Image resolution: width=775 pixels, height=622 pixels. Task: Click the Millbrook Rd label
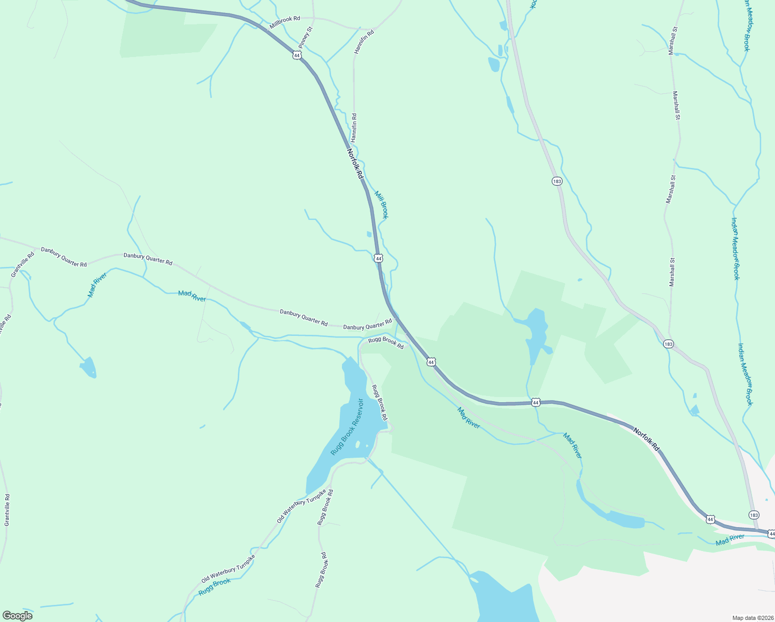point(284,21)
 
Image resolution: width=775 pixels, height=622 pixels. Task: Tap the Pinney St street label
point(306,37)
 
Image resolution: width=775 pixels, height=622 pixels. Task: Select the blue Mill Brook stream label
point(381,204)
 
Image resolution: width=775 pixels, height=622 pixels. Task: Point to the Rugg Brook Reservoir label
point(347,427)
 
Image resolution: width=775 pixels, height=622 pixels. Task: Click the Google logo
point(17,615)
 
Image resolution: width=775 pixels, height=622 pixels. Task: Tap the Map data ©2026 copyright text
point(752,618)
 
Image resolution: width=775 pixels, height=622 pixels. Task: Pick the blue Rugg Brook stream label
point(214,587)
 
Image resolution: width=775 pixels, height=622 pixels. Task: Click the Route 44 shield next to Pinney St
point(296,55)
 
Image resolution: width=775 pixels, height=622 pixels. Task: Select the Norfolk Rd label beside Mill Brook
point(355,164)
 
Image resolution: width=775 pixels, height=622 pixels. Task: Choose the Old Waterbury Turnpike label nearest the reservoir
point(302,506)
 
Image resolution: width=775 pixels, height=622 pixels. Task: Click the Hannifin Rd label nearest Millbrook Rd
point(364,42)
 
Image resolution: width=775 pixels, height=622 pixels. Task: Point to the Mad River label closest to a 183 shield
point(730,540)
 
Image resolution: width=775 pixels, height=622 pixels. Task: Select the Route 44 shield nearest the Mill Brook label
point(379,258)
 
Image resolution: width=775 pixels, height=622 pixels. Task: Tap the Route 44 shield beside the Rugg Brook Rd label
point(431,362)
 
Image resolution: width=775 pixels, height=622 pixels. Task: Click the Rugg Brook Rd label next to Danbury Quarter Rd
point(386,343)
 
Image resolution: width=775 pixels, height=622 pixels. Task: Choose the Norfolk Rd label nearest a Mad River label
point(647,439)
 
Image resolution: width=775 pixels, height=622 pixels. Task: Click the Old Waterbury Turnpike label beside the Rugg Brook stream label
point(228,569)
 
